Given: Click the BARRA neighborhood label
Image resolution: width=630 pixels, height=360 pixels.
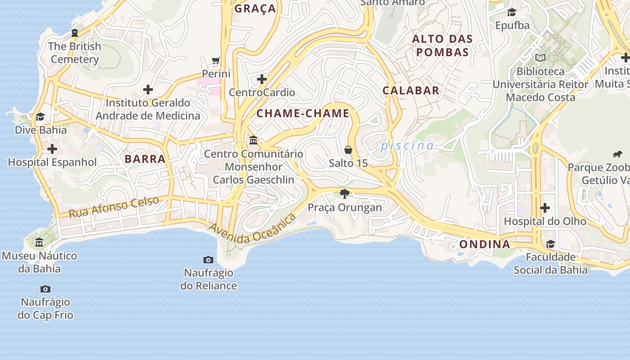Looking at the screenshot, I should pyautogui.click(x=145, y=159).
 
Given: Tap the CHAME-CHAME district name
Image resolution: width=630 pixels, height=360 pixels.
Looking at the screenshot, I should pyautogui.click(x=303, y=113).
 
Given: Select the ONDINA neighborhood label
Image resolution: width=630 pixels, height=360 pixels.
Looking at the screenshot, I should pyautogui.click(x=485, y=244).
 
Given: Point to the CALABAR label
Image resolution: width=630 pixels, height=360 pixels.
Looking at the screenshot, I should pyautogui.click(x=411, y=90).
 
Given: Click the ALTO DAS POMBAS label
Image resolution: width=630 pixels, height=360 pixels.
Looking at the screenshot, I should pyautogui.click(x=442, y=45).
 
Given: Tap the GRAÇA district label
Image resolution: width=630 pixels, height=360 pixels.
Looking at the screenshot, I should pyautogui.click(x=255, y=9).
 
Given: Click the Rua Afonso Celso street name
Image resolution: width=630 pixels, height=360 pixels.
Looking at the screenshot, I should pyautogui.click(x=114, y=207).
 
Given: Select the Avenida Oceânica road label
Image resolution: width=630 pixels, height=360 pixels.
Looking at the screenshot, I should pyautogui.click(x=252, y=229).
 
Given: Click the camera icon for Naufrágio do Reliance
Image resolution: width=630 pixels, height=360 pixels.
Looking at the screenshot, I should pyautogui.click(x=208, y=260).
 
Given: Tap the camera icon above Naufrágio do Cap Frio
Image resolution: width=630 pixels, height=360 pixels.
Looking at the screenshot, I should pyautogui.click(x=45, y=289).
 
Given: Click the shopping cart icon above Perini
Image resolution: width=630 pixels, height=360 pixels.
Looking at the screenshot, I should pyautogui.click(x=216, y=60).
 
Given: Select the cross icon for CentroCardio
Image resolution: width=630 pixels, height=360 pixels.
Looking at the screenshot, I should pyautogui.click(x=262, y=80).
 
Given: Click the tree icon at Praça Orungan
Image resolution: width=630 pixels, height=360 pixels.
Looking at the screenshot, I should pyautogui.click(x=345, y=194).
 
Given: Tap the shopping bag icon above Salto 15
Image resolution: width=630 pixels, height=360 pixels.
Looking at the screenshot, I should pyautogui.click(x=348, y=150).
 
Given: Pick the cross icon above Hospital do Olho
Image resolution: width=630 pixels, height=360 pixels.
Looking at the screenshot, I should pyautogui.click(x=545, y=208).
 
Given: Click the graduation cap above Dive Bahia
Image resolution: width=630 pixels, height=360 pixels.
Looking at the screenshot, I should pyautogui.click(x=40, y=117).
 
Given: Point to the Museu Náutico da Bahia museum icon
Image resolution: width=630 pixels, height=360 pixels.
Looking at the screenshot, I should pyautogui.click(x=39, y=243).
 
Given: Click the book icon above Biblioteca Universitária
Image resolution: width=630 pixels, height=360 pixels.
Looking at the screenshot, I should pyautogui.click(x=540, y=58).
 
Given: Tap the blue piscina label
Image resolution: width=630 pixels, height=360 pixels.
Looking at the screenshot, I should pyautogui.click(x=407, y=146).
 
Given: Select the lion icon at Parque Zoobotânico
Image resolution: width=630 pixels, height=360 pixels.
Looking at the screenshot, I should pyautogui.click(x=617, y=154).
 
